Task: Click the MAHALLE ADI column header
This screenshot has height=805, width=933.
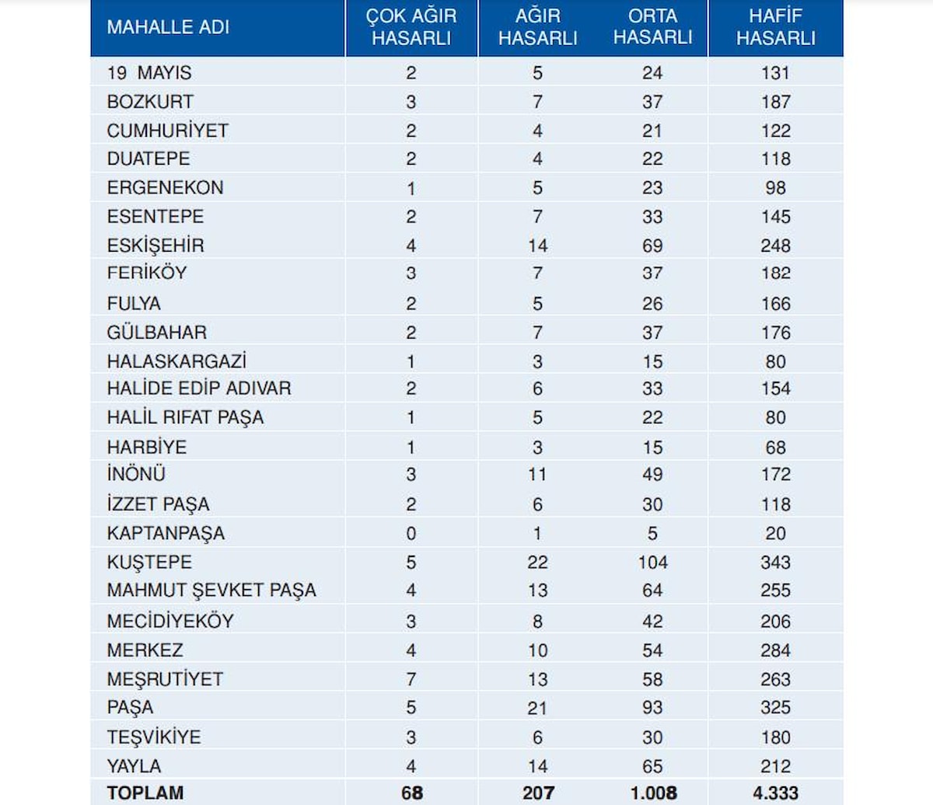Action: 168,27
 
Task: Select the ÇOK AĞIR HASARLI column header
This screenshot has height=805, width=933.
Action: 411,27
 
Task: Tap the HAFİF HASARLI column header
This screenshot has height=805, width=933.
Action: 775,27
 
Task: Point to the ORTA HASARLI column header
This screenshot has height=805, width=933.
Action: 652,27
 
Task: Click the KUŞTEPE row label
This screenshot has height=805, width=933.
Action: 149,562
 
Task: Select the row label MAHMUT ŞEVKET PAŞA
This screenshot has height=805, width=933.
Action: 211,591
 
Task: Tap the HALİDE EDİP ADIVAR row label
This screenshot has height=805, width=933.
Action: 199,389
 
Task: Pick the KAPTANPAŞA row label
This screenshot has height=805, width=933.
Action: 166,533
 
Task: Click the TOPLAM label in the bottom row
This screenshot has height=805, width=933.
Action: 145,793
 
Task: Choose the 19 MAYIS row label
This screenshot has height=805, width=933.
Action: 149,73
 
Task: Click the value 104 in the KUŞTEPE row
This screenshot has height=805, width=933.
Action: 652,562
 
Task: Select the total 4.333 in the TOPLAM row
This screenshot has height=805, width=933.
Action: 775,793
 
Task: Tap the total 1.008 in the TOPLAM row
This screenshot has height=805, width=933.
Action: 652,793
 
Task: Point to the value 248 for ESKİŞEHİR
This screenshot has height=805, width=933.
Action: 775,246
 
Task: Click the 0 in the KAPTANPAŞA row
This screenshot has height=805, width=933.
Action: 411,533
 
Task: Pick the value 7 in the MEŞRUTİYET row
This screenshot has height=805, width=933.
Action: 411,679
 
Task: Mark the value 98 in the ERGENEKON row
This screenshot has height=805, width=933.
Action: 775,188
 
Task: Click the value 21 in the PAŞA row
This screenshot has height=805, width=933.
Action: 537,708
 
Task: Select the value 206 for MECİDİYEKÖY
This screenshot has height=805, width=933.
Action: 775,621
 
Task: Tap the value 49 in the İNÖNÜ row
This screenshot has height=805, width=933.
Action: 652,474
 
